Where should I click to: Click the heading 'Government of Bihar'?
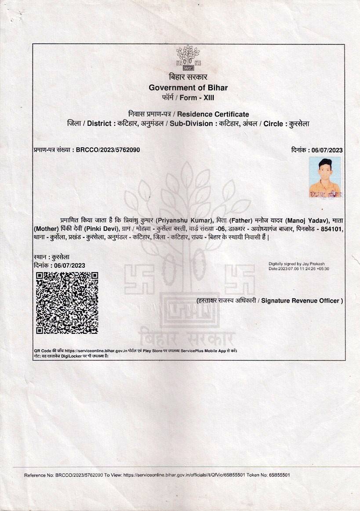pos(188,88)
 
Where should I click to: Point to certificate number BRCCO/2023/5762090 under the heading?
pos(108,150)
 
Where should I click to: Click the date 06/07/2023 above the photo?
pos(327,150)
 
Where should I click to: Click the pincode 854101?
pos(331,229)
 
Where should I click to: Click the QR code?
pos(66,302)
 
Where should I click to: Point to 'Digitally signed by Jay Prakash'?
pos(296,264)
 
